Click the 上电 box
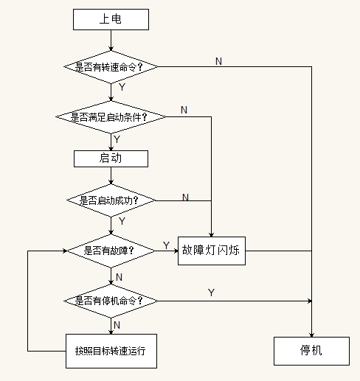coord(111,20)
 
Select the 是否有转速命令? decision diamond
coord(111,67)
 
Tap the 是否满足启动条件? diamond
coord(111,117)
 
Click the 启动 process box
coord(111,158)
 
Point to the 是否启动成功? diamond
coord(111,200)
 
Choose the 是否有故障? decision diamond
coord(111,251)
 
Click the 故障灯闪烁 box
coord(212,251)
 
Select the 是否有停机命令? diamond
coord(111,301)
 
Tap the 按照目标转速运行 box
coord(111,351)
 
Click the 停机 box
coord(311,351)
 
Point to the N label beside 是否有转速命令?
coord(218,61)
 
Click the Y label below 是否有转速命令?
coord(122,87)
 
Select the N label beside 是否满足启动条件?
coord(184,110)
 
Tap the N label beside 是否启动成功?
coord(185,197)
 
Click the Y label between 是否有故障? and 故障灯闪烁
coord(166,245)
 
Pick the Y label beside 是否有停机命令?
coord(211,293)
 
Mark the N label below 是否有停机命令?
coord(117,325)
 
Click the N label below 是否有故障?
coord(119,277)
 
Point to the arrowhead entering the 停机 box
coord(311,335)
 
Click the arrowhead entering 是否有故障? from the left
coord(65,251)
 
